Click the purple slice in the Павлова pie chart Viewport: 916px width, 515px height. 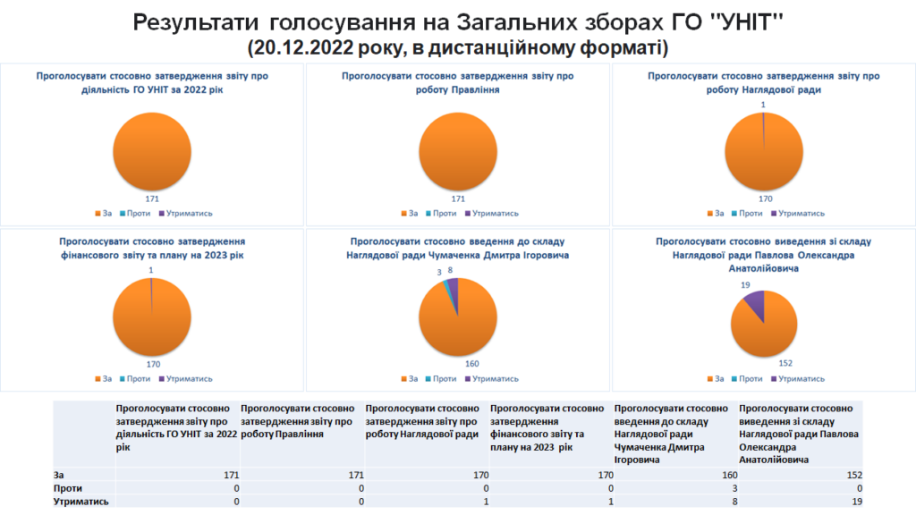(x=753, y=304)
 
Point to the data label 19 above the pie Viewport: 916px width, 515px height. (x=744, y=284)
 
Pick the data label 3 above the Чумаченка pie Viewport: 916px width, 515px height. (x=439, y=271)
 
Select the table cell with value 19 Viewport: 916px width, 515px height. (x=855, y=502)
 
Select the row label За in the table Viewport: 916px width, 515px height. (x=59, y=476)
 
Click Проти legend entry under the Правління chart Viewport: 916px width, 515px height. (x=444, y=214)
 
